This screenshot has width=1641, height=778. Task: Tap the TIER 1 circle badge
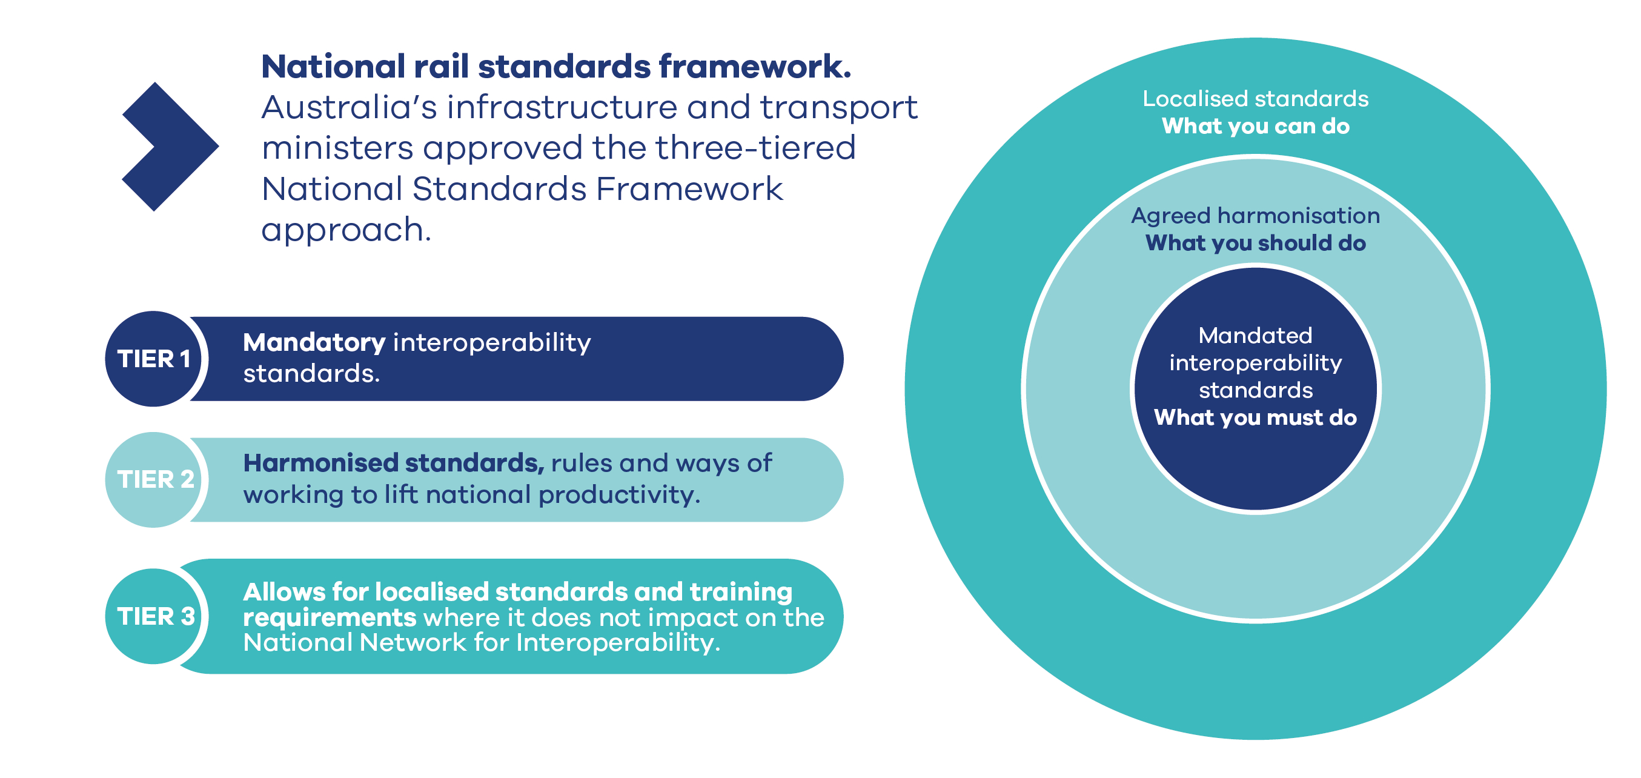153,359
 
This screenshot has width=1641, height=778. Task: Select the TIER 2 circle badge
153,480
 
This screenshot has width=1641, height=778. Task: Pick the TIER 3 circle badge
153,616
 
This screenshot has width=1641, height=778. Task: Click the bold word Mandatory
314,344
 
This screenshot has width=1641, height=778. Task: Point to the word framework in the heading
754,66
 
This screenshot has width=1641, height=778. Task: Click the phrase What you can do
1256,126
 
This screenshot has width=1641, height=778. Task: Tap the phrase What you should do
1256,243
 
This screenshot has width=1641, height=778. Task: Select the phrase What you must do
1256,417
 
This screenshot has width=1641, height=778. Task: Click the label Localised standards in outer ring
1256,99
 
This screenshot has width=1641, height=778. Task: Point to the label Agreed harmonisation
1256,216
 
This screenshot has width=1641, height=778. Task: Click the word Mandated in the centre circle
1256,335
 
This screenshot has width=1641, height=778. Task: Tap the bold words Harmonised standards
394,464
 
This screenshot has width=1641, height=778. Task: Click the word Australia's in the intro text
349,107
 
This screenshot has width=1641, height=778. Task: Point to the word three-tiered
755,148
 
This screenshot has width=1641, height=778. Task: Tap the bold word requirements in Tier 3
330,618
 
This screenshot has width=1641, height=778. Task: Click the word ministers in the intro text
337,148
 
